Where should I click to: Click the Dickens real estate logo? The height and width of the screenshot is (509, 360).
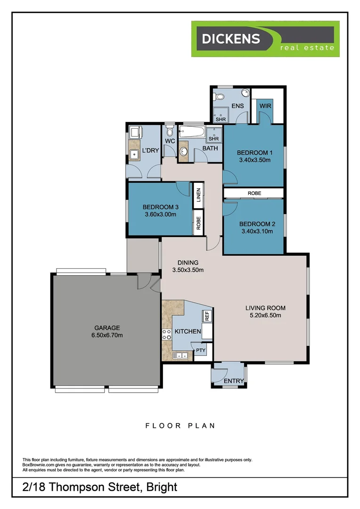click(x=265, y=39)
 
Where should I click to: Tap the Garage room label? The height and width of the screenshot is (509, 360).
click(x=107, y=328)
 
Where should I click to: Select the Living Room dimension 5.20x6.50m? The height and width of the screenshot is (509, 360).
click(x=265, y=315)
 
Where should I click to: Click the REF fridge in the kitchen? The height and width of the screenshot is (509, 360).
click(x=206, y=316)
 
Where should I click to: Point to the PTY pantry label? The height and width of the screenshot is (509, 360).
click(x=201, y=350)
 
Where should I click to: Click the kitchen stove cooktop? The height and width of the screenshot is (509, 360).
click(x=166, y=334)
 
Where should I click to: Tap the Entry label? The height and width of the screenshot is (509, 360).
click(x=234, y=381)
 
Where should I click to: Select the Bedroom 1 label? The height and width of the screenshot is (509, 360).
click(x=254, y=153)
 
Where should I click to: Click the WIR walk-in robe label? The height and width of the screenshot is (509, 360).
click(x=265, y=106)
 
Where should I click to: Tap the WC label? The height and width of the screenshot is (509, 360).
click(x=170, y=141)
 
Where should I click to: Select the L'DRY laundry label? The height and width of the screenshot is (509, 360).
click(x=150, y=151)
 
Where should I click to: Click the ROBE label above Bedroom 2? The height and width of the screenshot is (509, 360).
click(x=254, y=193)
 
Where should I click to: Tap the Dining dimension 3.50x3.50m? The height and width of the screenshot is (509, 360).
click(x=188, y=270)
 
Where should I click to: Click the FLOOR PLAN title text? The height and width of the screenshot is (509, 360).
click(x=180, y=426)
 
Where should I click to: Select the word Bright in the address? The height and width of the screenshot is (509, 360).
click(x=162, y=487)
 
